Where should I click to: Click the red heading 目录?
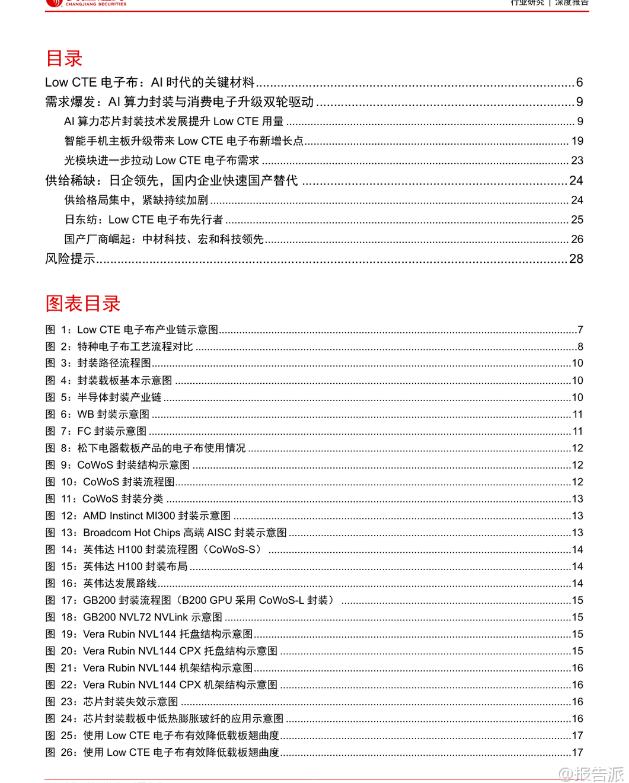point(64,58)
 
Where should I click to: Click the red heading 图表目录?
point(83,303)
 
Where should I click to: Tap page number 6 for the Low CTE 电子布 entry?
point(579,82)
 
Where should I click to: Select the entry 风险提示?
point(71,259)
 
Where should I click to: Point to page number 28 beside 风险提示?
point(576,259)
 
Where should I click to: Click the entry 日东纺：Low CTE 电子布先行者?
point(143,219)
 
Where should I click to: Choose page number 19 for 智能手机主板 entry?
point(577,141)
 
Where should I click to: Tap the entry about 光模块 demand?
point(161,161)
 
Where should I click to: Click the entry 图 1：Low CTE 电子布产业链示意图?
point(132,330)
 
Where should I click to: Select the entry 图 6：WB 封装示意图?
point(98,414)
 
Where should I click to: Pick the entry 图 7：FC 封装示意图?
point(96,431)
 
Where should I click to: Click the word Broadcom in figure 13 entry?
point(107,533)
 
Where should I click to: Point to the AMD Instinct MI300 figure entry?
point(138,516)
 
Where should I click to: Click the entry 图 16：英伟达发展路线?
point(101,584)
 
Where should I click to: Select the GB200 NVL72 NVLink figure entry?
point(134,618)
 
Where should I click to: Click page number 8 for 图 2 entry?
point(580,346)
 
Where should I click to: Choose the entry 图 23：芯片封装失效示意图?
point(112,702)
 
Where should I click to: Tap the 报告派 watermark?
point(593,774)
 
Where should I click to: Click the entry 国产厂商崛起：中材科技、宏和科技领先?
point(164,239)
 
